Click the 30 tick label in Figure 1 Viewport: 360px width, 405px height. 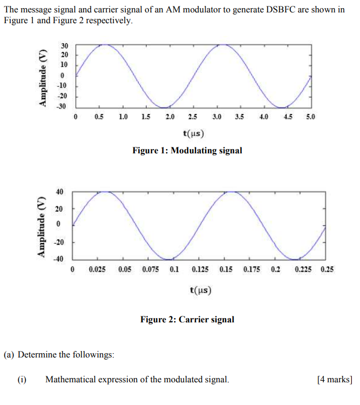64,45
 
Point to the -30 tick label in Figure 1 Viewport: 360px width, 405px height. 63,106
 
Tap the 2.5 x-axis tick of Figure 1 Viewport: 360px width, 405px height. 193,117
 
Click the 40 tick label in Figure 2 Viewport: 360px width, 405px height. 59,192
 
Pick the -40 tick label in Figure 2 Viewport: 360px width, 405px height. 58,259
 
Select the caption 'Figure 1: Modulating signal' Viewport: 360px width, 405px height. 187,151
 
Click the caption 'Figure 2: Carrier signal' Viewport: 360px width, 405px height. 187,320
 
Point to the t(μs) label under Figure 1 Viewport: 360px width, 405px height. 193,133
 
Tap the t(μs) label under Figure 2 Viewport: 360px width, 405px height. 200,291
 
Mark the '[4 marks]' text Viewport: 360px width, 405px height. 335,380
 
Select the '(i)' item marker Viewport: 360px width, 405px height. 22,380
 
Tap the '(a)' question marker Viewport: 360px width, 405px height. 9,355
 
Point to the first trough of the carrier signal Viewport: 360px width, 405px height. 169,259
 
